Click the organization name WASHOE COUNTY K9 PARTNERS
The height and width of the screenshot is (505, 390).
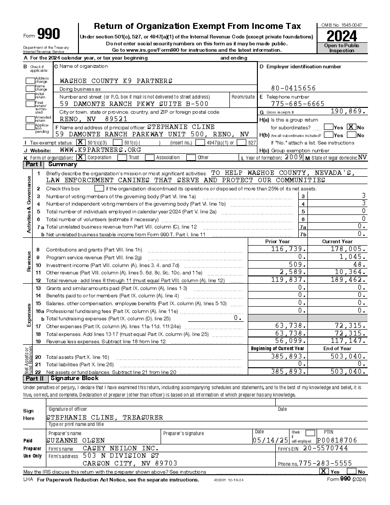click(x=110, y=81)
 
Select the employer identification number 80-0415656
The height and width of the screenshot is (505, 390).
click(x=293, y=88)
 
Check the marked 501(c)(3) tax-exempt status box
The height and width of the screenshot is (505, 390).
click(x=80, y=143)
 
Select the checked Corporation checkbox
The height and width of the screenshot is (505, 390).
click(x=80, y=157)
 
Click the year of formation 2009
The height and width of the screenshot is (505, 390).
click(x=294, y=157)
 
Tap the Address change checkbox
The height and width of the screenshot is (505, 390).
click(x=30, y=80)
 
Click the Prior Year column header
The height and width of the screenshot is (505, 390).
click(x=277, y=241)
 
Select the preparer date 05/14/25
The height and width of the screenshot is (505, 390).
click(x=270, y=440)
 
